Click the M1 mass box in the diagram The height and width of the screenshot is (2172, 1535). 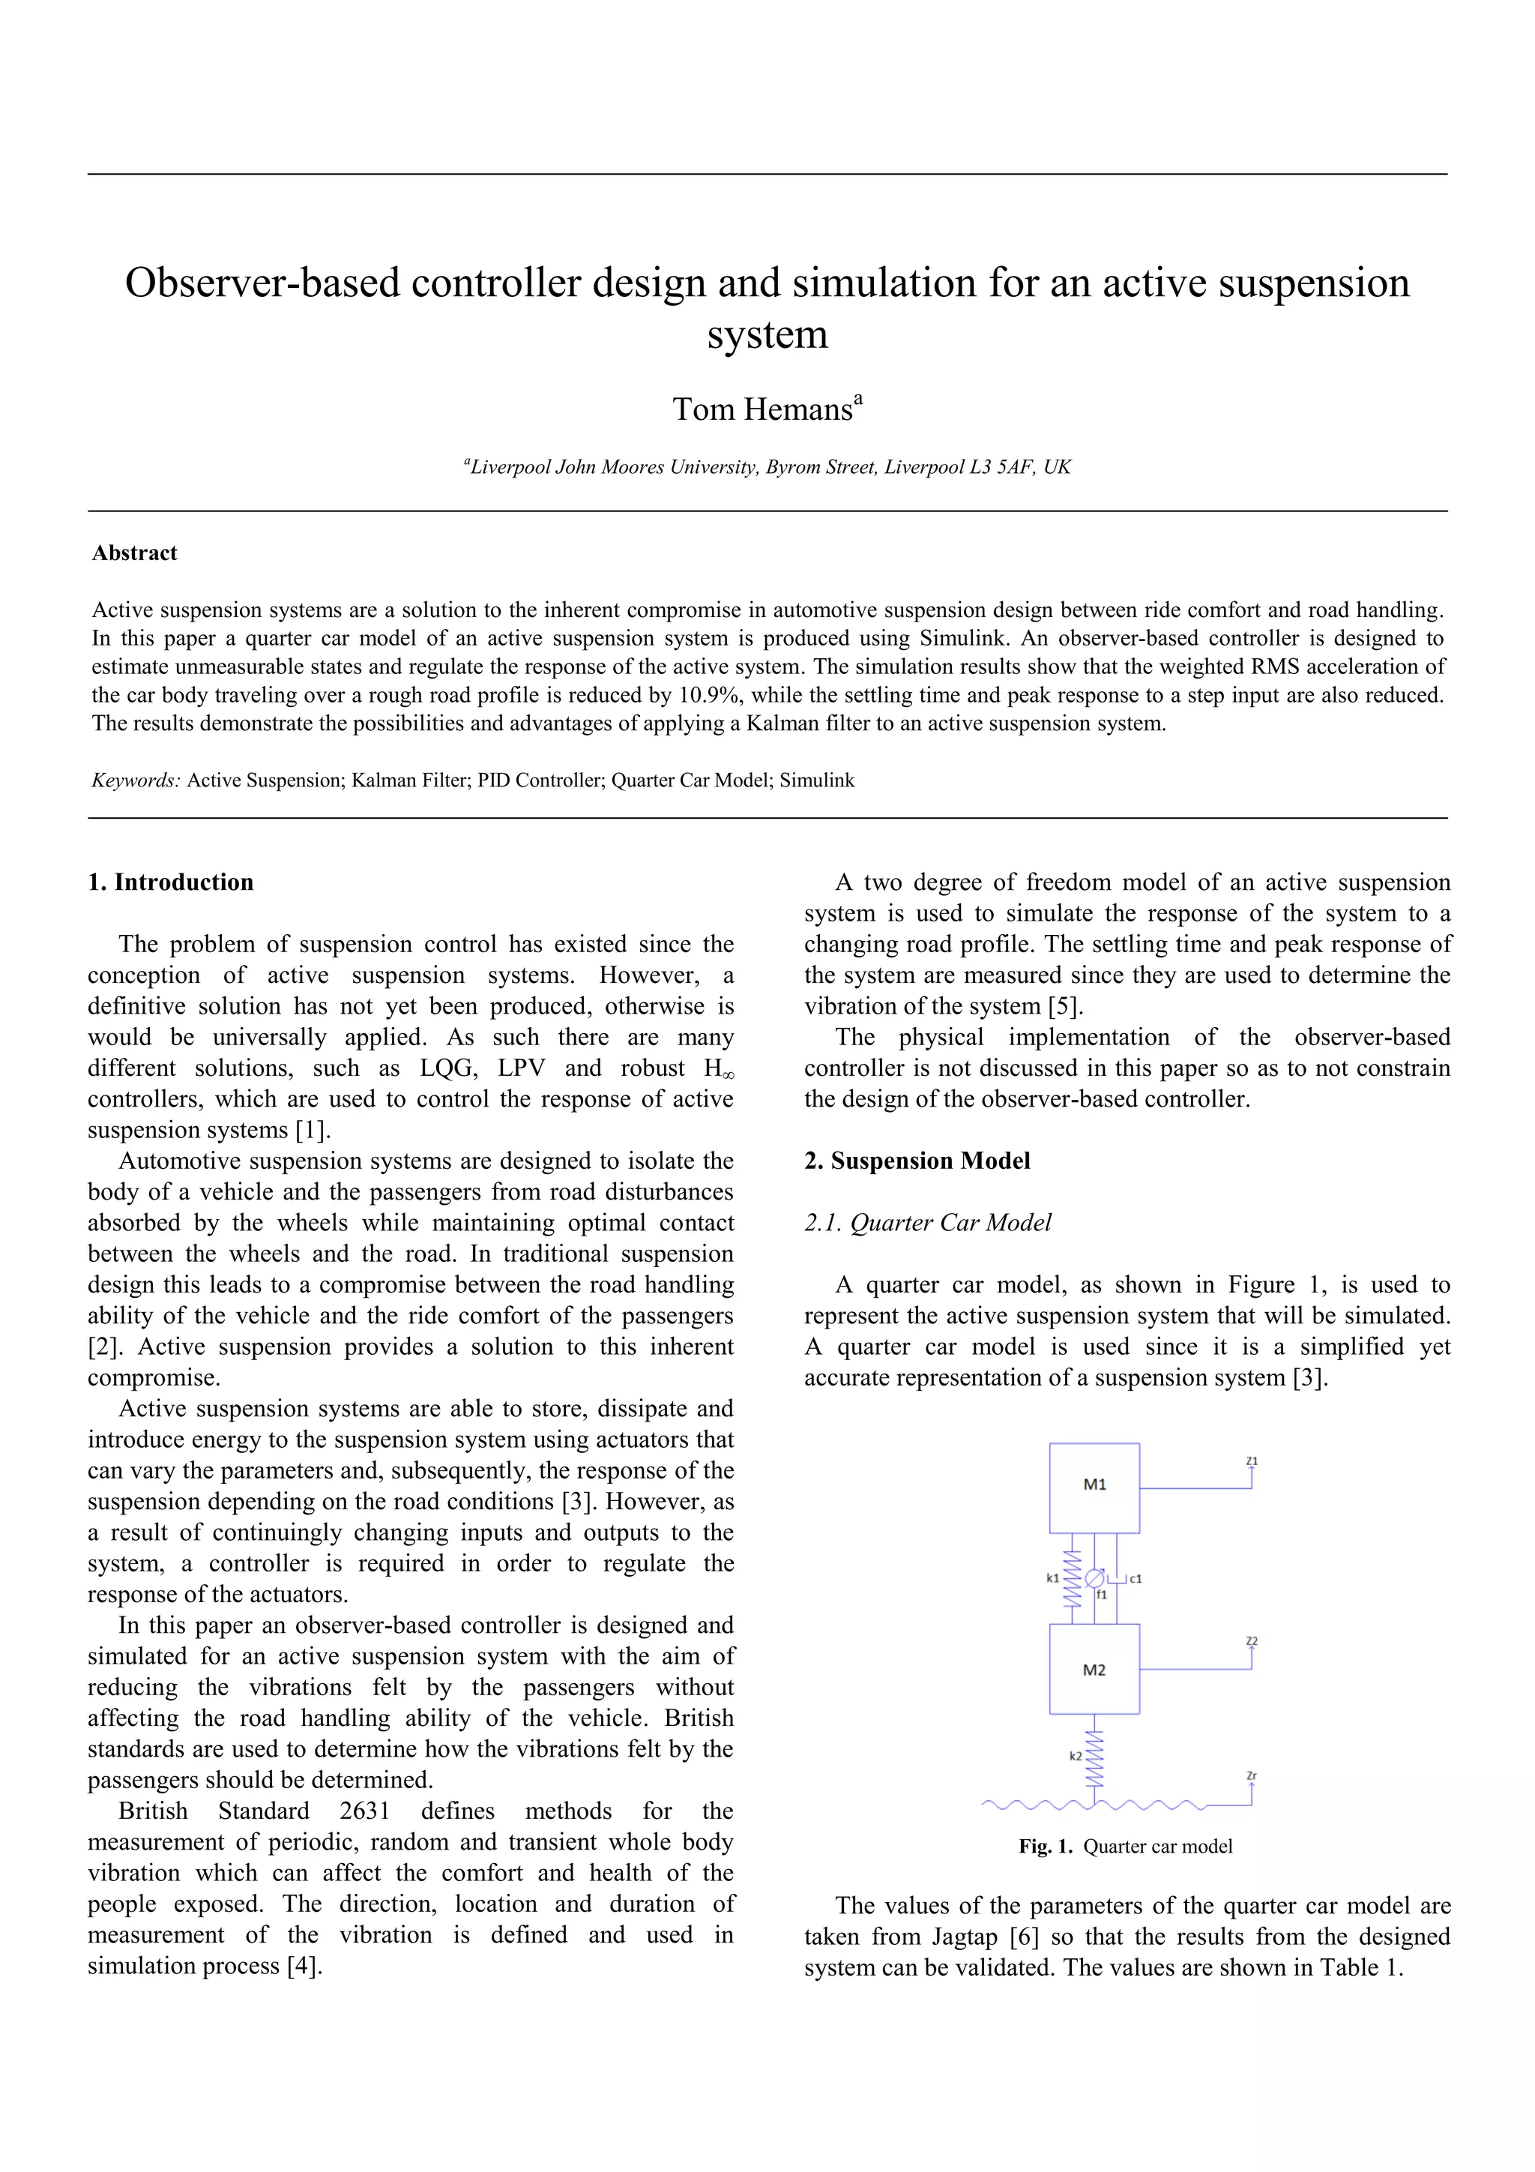click(1094, 1487)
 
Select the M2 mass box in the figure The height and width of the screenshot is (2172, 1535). click(1094, 1670)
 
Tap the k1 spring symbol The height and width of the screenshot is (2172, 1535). click(1072, 1578)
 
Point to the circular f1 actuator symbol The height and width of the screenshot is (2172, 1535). click(1094, 1578)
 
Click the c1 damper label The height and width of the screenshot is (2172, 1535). click(1135, 1578)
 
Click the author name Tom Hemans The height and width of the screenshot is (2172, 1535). click(762, 409)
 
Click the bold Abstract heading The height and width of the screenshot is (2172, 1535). click(134, 553)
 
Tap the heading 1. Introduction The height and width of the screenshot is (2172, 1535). click(170, 882)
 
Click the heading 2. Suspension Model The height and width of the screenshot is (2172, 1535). click(917, 1161)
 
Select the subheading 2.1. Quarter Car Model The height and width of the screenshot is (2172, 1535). click(927, 1223)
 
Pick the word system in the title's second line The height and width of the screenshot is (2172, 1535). click(767, 335)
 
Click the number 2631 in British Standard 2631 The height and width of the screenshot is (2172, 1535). click(364, 1811)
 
